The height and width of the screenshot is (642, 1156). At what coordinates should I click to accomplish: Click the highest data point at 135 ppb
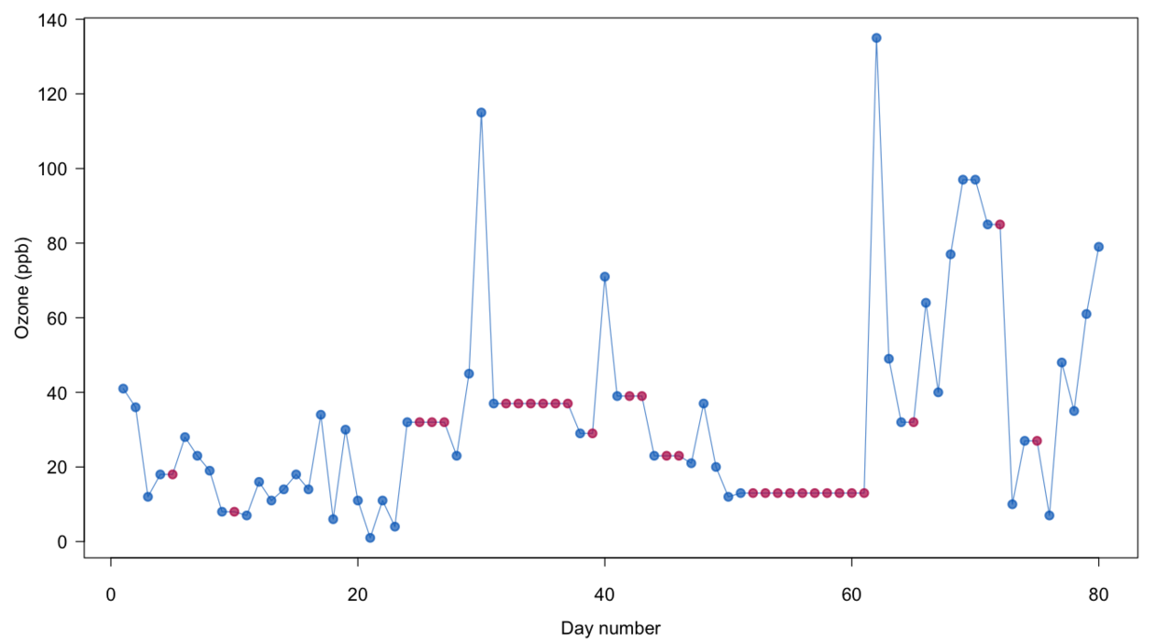(876, 38)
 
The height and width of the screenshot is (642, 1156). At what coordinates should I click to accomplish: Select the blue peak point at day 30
(481, 113)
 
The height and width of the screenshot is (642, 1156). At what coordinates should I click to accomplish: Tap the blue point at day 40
(605, 277)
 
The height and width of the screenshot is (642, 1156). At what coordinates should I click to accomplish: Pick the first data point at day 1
(123, 389)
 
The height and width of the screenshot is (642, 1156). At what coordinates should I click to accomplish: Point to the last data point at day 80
(1098, 247)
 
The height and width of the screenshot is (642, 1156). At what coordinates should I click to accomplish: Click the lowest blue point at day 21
(370, 538)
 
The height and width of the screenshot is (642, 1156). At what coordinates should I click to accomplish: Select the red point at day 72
(999, 225)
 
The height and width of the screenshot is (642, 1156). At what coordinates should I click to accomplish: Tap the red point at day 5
(172, 474)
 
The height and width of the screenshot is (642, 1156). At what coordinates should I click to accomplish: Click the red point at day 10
(234, 512)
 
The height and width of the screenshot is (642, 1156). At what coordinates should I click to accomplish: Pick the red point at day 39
(592, 433)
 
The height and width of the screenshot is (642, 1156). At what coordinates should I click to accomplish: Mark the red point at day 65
(914, 422)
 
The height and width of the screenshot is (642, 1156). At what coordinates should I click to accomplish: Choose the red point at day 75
(1037, 441)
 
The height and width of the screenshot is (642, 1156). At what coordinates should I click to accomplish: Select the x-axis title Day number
(611, 628)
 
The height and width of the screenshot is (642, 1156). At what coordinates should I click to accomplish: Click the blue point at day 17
(321, 415)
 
